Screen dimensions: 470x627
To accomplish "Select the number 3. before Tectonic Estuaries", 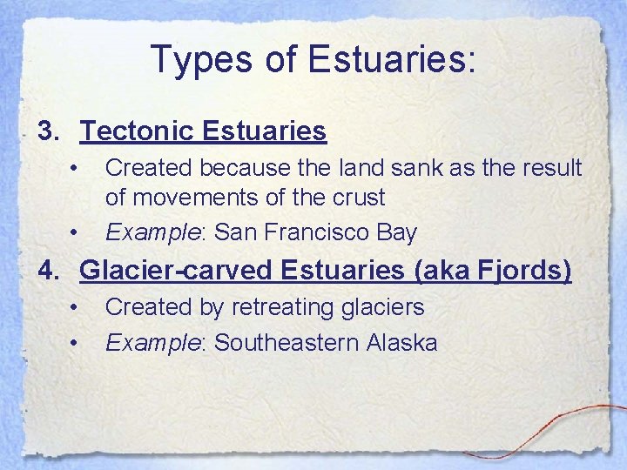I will [x=50, y=131].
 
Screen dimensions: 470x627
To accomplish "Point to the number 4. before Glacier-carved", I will [x=50, y=272].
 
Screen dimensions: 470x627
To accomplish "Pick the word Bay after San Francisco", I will [x=397, y=232].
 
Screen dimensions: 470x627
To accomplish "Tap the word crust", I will [x=357, y=198].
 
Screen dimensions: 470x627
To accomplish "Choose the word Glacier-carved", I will [x=177, y=272].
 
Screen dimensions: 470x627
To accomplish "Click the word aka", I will [x=444, y=272].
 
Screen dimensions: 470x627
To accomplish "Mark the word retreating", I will [x=276, y=307].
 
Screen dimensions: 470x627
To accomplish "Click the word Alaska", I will [x=401, y=343].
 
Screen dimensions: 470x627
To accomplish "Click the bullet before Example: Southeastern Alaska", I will [x=77, y=343].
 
